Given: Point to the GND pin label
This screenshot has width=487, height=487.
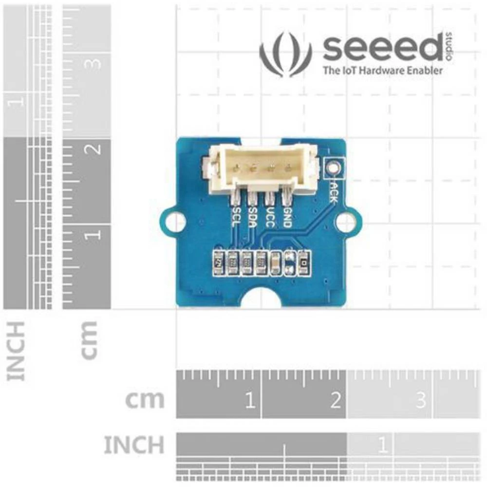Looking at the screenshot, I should [287, 216].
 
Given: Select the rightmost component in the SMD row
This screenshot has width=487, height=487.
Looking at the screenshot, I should [304, 263].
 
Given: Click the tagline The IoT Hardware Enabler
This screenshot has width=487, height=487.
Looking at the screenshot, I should [383, 71].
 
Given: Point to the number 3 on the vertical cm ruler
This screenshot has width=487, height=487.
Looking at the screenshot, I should [94, 64].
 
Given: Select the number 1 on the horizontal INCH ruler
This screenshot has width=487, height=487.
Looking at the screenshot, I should [382, 445].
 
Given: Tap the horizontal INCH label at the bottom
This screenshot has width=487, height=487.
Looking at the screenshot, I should [133, 445].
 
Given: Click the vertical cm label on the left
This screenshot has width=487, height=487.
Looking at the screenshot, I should [90, 339].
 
